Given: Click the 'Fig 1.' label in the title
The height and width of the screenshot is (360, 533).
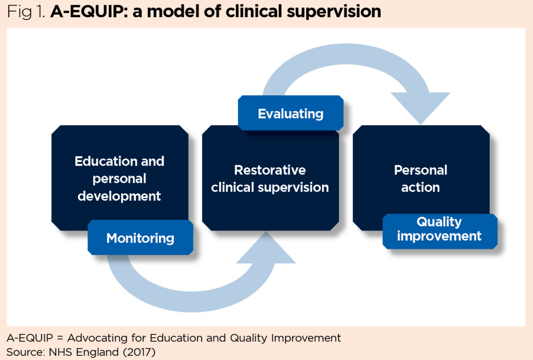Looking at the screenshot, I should point(26,11).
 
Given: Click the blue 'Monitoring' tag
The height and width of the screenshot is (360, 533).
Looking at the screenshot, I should point(140,238).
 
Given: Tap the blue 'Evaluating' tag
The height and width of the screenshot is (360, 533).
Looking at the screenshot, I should point(290,114).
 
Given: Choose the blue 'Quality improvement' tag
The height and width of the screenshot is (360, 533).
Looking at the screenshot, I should point(439,229).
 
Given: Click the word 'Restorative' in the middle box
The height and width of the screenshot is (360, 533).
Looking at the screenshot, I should point(270,170).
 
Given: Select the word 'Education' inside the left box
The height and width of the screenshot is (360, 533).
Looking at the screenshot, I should point(106,161).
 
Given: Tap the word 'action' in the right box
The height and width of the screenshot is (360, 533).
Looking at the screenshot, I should point(421,187).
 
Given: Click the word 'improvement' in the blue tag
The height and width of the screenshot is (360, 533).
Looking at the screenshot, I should point(439,236).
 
